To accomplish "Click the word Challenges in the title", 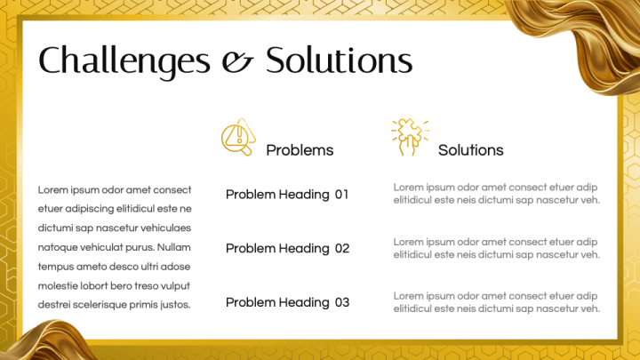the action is (x=124, y=60).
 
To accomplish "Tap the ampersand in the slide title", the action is (x=237, y=62).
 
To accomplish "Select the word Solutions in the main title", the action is (x=340, y=60).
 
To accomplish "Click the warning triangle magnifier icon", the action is (x=239, y=137).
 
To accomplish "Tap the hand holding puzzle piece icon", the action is (x=410, y=137).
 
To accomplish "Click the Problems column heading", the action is (x=300, y=150).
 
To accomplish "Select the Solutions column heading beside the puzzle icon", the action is (x=470, y=150).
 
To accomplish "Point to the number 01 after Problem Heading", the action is (x=341, y=195).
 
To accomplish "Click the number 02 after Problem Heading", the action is (x=342, y=248).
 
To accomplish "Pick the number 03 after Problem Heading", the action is (x=342, y=302).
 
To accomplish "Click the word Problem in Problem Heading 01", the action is (x=251, y=195).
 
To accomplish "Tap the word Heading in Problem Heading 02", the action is (x=304, y=249).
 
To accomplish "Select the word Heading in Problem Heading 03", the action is (x=304, y=303).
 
